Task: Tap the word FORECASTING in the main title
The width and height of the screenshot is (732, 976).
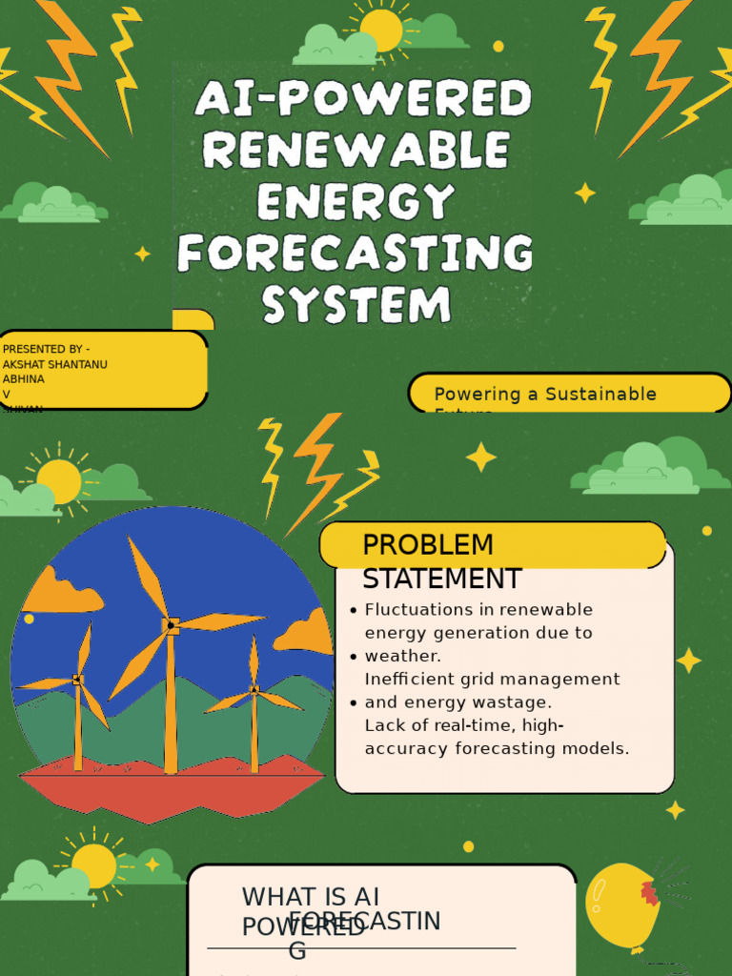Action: pos(355,254)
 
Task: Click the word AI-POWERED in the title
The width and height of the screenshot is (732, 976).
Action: pos(362,99)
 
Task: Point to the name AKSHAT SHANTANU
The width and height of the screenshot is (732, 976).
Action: pos(55,364)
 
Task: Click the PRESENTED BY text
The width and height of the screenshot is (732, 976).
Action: pos(47,349)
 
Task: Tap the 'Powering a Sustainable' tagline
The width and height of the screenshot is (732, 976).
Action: pos(545,394)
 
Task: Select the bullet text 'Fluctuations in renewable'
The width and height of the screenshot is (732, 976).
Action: pos(478,609)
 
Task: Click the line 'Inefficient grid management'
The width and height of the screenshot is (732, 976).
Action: pos(492,679)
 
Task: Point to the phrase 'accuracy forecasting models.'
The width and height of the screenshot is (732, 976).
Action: pos(497,748)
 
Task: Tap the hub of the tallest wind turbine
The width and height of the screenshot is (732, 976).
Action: pos(172,625)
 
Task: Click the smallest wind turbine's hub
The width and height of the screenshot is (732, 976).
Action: pos(254,689)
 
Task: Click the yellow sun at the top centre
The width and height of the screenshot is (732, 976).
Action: pos(381,30)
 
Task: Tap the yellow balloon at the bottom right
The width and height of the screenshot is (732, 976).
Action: pos(620,905)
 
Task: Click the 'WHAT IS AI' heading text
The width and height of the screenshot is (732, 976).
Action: pos(311,896)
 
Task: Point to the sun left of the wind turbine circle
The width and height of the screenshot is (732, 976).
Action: pos(59,481)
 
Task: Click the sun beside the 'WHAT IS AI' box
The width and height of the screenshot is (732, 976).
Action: pos(93,865)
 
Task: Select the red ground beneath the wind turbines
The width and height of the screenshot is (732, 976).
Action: pos(172,791)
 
